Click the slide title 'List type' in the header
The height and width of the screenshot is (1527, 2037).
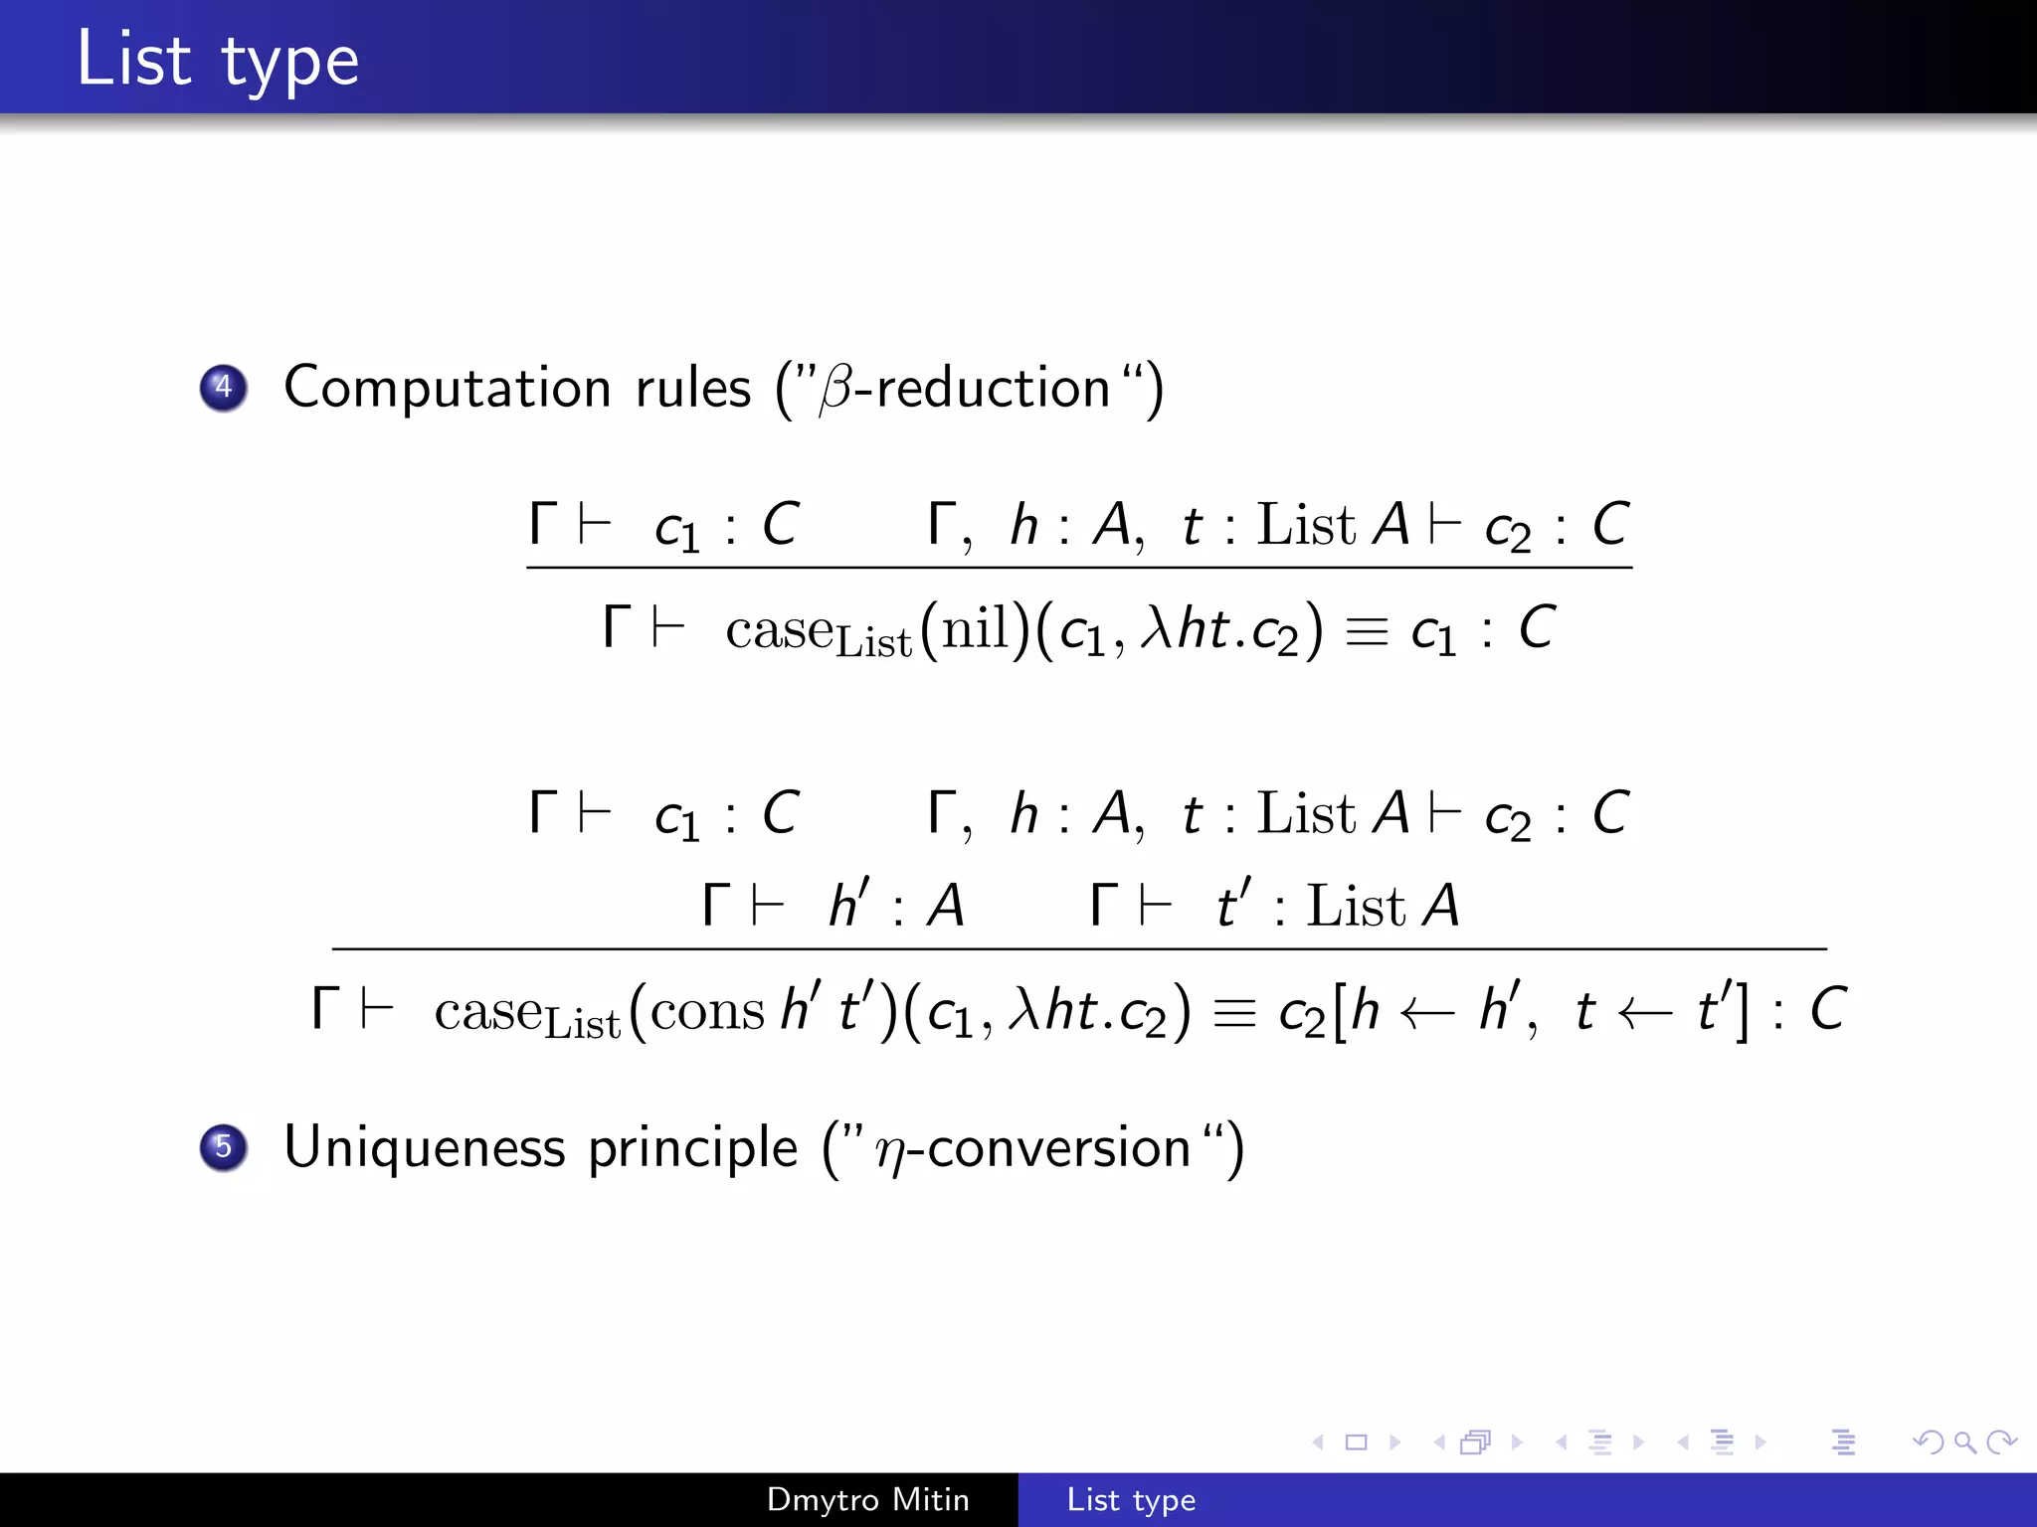coord(217,60)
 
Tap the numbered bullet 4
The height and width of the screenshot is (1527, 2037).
coord(223,387)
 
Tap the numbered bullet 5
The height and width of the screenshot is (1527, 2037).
coord(223,1146)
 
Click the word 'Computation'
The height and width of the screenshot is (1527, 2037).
coord(447,387)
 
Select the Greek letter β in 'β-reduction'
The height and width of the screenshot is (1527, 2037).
coord(836,389)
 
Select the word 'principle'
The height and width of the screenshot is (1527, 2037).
coord(692,1148)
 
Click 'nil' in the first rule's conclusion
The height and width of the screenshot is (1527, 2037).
coord(975,629)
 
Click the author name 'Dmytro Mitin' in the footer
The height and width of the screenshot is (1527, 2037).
coord(867,1499)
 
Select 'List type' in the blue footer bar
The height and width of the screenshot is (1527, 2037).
coord(1131,1499)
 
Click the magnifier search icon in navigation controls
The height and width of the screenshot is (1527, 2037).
coord(1963,1442)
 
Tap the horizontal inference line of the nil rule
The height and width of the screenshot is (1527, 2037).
coord(1079,568)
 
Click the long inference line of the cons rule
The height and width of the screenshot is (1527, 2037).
coord(1079,949)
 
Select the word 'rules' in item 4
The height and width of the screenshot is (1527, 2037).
coord(693,387)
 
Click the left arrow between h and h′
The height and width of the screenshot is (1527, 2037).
coord(1427,1012)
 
